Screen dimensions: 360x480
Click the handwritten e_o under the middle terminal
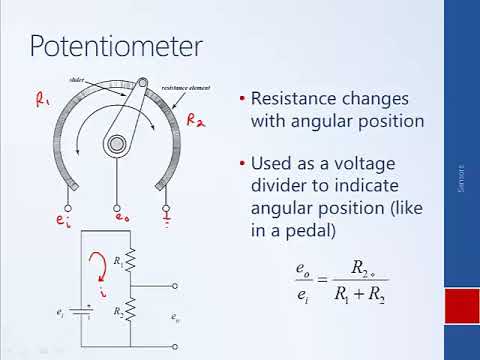coord(122,216)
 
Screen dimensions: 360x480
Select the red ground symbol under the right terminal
coord(166,215)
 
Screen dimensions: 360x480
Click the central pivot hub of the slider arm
coord(118,144)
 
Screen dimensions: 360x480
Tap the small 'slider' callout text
coord(105,77)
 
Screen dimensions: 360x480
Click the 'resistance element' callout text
coord(180,89)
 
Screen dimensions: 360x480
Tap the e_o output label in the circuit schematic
coord(176,318)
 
